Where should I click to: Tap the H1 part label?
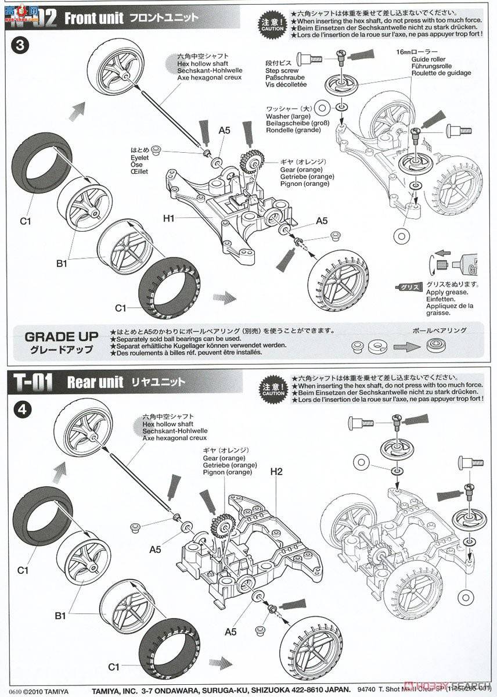(x=169, y=218)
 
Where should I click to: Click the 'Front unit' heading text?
(x=93, y=18)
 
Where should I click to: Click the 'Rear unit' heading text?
(x=95, y=382)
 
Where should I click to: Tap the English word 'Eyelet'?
(x=139, y=157)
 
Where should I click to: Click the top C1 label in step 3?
(x=24, y=220)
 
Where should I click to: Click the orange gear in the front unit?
(x=253, y=162)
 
